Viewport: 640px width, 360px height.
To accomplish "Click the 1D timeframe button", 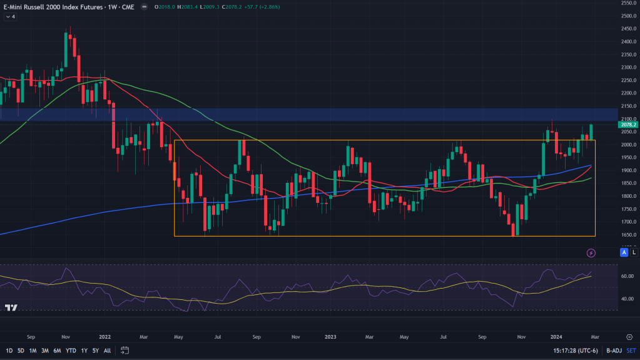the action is (9, 351).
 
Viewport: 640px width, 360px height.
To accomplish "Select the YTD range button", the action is (71, 351).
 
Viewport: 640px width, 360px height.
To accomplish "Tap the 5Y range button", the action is (96, 351).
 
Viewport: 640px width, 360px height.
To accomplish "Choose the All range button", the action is (108, 351).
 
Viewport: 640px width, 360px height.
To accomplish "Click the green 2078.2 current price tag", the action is (627, 125).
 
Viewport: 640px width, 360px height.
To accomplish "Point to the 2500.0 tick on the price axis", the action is (629, 16).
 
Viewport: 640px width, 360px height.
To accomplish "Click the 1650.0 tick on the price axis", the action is (629, 235).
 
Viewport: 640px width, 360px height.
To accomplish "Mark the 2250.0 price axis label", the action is (629, 81).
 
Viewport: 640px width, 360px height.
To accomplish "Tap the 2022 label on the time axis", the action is (105, 337).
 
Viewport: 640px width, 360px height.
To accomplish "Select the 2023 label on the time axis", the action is (330, 337).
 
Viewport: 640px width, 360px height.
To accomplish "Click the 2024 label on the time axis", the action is (556, 337).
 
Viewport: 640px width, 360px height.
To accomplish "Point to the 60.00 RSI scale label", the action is (627, 276).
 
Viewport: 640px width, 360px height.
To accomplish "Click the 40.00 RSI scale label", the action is (627, 299).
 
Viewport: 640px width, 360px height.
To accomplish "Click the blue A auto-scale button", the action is (624, 252).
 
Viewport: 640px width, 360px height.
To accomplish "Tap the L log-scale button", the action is (634, 252).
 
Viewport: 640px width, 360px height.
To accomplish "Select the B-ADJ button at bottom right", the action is (614, 351).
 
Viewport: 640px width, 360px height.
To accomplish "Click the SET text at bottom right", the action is (631, 351).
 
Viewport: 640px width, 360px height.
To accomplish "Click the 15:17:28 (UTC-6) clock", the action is (576, 351).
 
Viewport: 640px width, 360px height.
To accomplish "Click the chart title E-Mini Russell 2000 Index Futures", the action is (53, 7).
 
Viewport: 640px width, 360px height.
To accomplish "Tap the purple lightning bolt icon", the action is (591, 254).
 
